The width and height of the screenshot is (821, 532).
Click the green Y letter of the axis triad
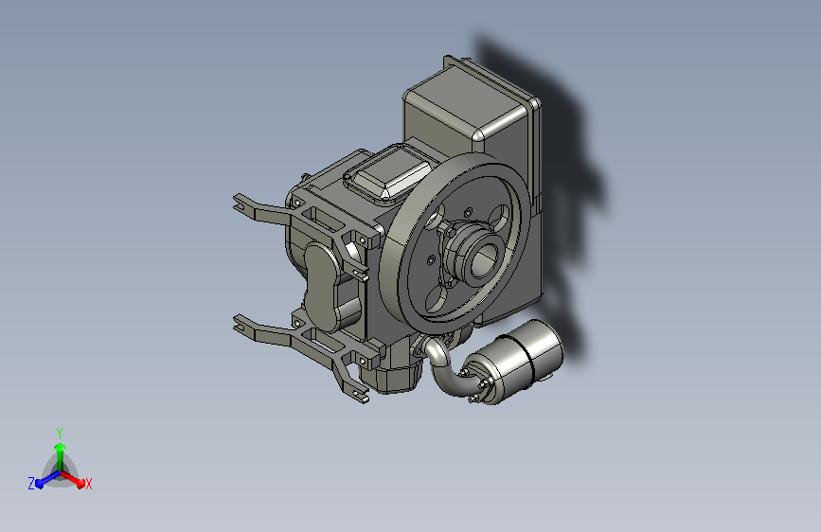59,433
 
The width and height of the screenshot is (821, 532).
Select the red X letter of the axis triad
88,484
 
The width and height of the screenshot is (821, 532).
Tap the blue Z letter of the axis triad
31,484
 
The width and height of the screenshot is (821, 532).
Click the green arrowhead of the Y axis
61,447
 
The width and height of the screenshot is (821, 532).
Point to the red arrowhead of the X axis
80,484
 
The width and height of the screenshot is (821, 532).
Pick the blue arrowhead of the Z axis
39,484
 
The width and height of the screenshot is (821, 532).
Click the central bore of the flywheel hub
482,260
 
